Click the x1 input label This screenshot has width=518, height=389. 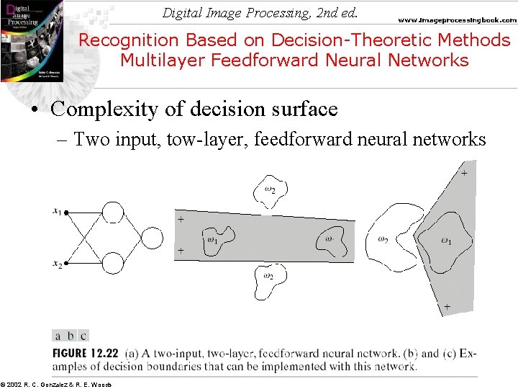point(57,210)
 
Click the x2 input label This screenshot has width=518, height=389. point(57,264)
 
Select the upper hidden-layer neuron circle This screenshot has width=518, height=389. point(113,213)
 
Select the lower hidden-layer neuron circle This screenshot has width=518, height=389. point(113,263)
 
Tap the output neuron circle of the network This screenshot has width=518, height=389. point(153,237)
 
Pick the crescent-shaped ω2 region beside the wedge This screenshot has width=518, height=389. point(392,238)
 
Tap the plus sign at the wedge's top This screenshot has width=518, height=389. point(464,173)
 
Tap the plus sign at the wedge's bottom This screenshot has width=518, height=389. point(447,307)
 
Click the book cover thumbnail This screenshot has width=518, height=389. point(31,40)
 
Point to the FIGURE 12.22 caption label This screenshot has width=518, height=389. point(86,353)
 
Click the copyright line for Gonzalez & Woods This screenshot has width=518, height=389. point(56,384)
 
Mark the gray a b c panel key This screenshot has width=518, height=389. point(71,335)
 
